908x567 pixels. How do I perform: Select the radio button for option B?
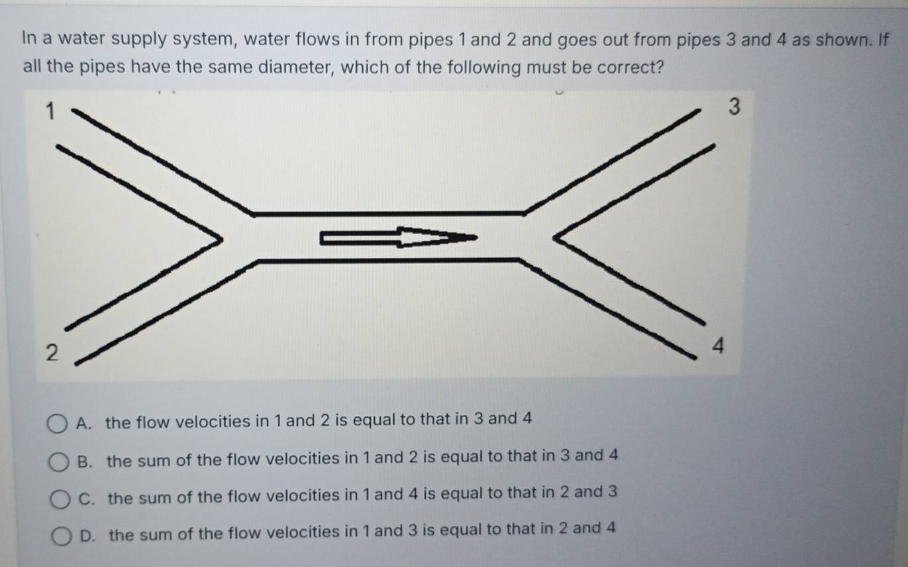pos(59,460)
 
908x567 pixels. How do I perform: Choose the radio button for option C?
pos(60,497)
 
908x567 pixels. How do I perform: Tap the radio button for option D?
pos(60,535)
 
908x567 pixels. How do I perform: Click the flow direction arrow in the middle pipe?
pos(398,237)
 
